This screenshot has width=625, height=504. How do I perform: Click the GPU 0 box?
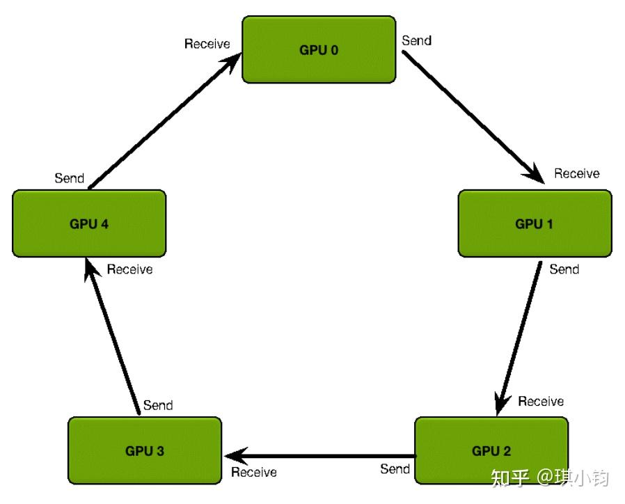(x=319, y=49)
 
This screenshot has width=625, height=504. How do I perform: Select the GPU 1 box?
(x=535, y=223)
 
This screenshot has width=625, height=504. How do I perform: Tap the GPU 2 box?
(x=491, y=450)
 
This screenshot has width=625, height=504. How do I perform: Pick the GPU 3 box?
(x=145, y=450)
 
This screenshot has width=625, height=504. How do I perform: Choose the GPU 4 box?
(x=89, y=223)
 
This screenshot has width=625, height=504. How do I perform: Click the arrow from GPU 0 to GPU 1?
(x=473, y=117)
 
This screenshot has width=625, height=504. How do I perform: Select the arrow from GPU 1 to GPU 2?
(x=519, y=338)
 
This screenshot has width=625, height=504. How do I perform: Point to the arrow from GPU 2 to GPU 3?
(x=320, y=456)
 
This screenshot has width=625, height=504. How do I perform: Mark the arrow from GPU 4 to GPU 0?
(x=165, y=120)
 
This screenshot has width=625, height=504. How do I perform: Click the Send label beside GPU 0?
(x=416, y=40)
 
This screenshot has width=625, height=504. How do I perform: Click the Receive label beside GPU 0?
(x=207, y=43)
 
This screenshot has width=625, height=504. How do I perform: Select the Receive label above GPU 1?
(x=577, y=173)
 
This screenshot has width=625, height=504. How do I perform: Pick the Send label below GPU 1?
(x=564, y=269)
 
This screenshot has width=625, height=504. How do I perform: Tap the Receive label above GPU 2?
(x=541, y=401)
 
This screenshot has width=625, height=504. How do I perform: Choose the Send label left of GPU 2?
(x=395, y=468)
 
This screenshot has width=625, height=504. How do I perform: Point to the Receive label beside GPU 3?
(x=254, y=472)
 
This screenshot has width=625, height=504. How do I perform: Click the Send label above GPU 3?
(x=158, y=405)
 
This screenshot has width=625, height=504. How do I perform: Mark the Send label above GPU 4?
(x=70, y=178)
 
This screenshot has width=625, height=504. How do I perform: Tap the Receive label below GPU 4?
(x=130, y=269)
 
